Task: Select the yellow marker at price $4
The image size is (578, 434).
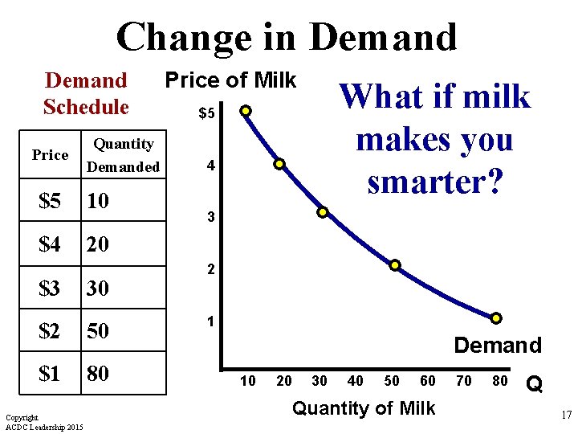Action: tap(279, 164)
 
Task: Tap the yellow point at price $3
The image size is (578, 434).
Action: tap(322, 213)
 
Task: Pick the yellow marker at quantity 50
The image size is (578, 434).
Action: tap(395, 265)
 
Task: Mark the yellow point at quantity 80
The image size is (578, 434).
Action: tap(496, 318)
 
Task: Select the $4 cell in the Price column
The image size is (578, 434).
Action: tap(50, 244)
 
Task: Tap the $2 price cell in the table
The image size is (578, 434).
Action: tap(50, 331)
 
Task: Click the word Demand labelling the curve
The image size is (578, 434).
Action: tap(498, 346)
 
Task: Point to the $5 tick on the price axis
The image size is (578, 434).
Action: tap(206, 115)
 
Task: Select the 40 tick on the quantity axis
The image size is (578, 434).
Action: tap(355, 381)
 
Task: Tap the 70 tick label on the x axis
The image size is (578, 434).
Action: tap(464, 381)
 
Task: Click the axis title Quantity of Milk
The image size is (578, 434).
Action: tap(364, 408)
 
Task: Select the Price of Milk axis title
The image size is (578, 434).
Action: tap(230, 80)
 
